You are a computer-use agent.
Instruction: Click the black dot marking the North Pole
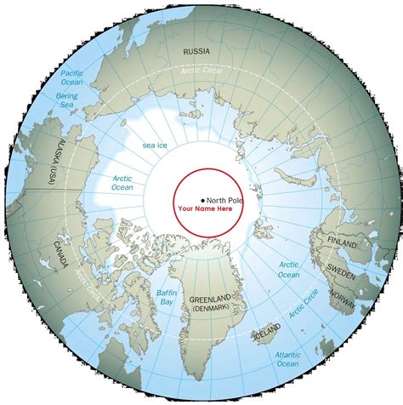(202, 200)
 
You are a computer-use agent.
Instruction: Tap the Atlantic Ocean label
(287, 360)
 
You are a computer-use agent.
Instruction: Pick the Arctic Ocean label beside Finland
(288, 270)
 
